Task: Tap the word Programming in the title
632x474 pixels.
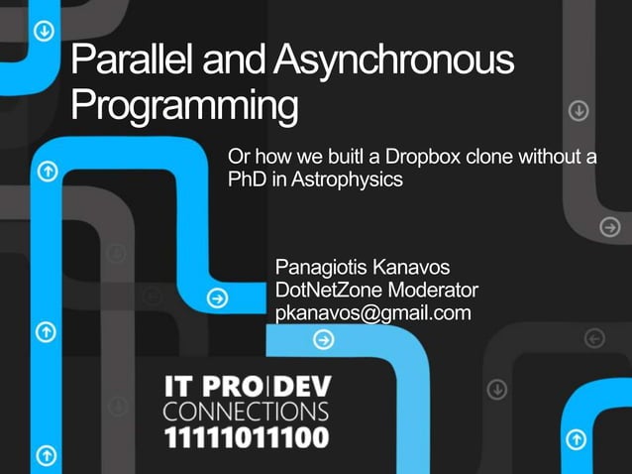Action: [x=184, y=105]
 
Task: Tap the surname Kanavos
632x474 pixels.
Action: [x=413, y=268]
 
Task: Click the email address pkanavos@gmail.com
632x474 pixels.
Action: [x=372, y=313]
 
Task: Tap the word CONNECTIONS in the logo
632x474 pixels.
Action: [x=247, y=411]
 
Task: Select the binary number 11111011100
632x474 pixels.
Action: [x=247, y=436]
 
